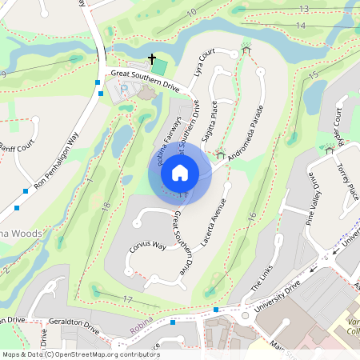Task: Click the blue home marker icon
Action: point(180,171)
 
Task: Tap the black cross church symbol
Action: point(152,59)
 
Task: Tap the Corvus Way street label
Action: point(148,246)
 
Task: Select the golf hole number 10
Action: point(191,13)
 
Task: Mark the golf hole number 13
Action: point(303,8)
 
